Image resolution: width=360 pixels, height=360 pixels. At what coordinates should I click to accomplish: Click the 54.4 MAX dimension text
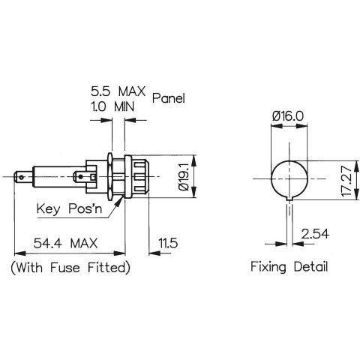pos(65,243)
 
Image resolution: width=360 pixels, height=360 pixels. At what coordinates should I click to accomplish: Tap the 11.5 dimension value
pos(168,243)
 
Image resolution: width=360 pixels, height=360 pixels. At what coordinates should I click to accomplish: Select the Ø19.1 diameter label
pos(184,177)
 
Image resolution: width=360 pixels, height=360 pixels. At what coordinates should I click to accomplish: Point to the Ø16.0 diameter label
pos(288,116)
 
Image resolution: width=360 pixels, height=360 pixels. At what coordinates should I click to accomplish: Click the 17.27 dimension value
pos(347,181)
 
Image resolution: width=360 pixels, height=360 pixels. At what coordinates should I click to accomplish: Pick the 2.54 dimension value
pos(315,234)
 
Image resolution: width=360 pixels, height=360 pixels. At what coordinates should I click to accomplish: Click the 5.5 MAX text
pos(118,91)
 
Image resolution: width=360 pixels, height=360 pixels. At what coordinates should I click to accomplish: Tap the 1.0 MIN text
pos(112,106)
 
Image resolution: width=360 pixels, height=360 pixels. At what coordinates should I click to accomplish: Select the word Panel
pos(169,98)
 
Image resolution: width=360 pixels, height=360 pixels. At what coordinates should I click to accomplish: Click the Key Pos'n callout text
pos(70,208)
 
